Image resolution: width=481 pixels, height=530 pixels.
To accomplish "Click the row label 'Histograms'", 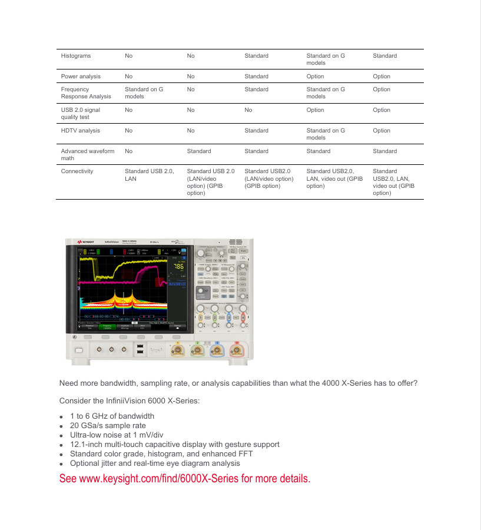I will (x=76, y=56).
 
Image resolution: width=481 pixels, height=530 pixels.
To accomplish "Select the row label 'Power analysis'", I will (x=81, y=77).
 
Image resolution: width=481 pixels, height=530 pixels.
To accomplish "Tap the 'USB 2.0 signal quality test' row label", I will (x=80, y=114).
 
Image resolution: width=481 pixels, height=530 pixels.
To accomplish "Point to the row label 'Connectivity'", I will (x=77, y=171).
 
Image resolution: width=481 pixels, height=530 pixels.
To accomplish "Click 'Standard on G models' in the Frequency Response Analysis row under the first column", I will (x=144, y=93).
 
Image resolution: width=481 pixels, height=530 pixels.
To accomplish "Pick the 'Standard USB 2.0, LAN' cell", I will (x=149, y=175).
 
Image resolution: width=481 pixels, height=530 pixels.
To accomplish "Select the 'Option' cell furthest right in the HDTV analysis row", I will (x=382, y=131).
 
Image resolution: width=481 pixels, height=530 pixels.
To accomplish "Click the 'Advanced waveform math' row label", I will (x=87, y=155).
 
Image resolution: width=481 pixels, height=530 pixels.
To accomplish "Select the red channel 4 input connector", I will (x=237, y=351).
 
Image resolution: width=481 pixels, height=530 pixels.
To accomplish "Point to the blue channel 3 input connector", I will (x=217, y=351).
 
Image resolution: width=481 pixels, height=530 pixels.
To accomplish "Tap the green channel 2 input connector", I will (x=197, y=351).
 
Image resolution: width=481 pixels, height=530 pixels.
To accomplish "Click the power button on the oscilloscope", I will (x=79, y=350).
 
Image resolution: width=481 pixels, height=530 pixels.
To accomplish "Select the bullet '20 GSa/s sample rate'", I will (x=108, y=425).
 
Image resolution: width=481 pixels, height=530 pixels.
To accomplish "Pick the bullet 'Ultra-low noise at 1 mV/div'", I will (x=116, y=435).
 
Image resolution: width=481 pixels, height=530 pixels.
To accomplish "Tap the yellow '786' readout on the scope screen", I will (x=178, y=266).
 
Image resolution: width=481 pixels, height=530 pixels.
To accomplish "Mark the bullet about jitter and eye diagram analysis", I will (x=155, y=463).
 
